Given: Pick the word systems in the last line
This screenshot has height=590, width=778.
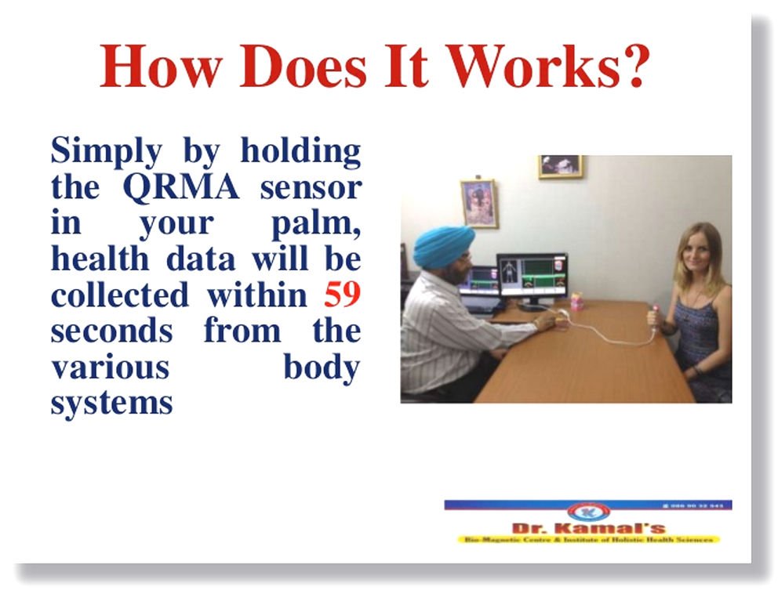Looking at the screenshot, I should [x=111, y=403].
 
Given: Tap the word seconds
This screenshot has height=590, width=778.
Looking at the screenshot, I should [x=111, y=330].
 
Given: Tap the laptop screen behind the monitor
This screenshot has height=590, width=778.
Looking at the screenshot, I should [x=478, y=283].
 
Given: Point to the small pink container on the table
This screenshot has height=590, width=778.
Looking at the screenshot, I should [x=576, y=302].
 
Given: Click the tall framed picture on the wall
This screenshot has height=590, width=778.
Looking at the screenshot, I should [x=478, y=203].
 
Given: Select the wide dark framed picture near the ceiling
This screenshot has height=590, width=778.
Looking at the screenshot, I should [x=560, y=165].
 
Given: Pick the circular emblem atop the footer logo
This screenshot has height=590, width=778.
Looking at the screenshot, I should [x=587, y=512].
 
